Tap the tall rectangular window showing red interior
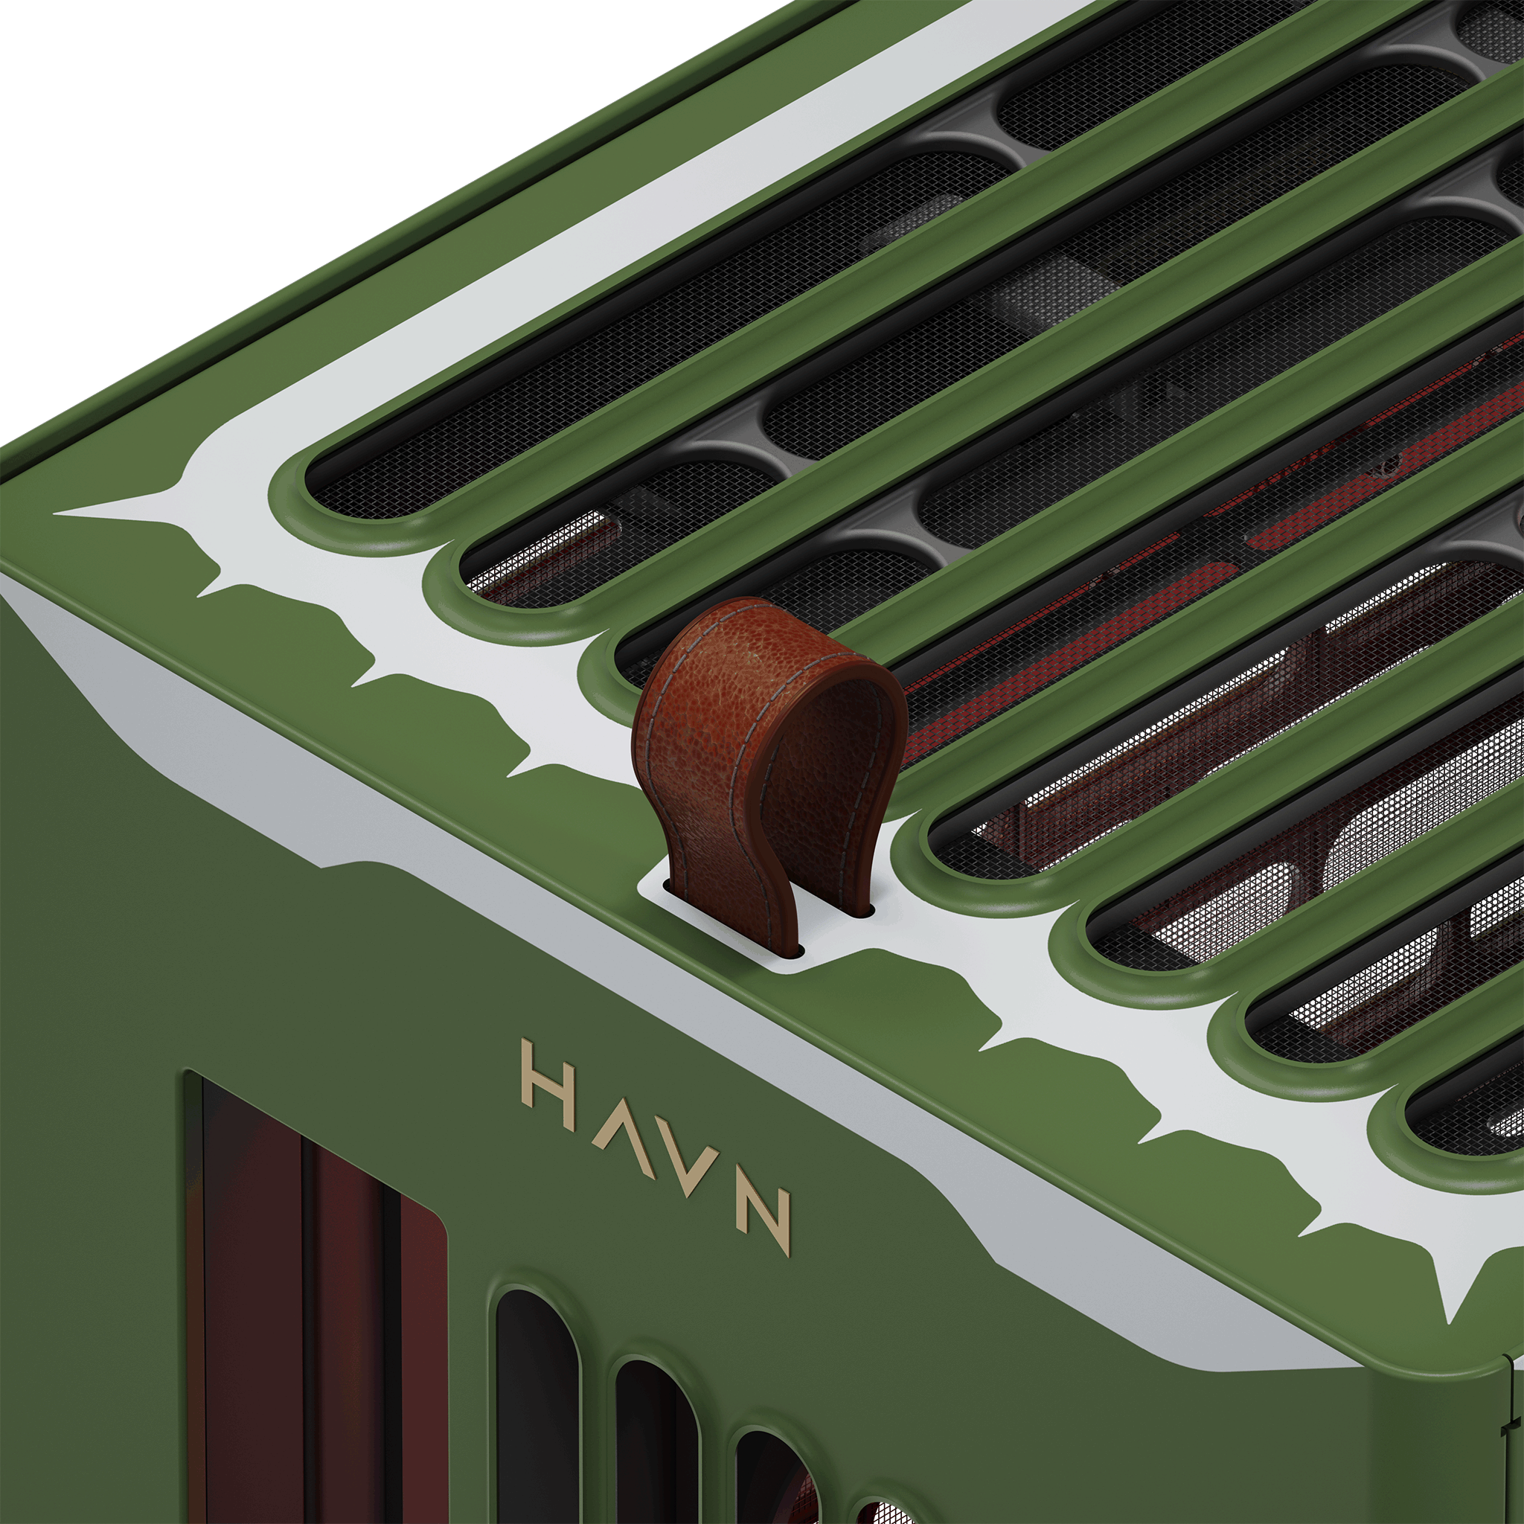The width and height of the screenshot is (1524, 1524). (x=316, y=1302)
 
